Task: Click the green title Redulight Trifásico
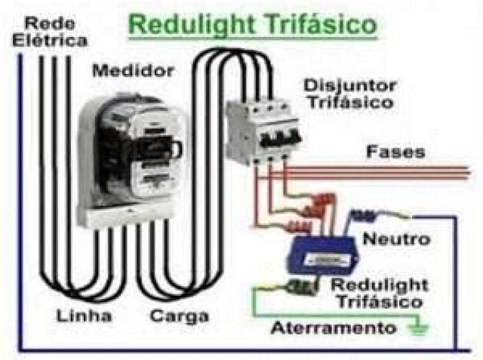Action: point(253,24)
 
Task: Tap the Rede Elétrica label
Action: point(49,30)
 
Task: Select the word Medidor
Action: point(133,71)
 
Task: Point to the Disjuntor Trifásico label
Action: point(348,92)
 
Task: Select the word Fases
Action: point(395,152)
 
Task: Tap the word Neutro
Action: point(396,239)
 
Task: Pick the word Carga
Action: point(178,315)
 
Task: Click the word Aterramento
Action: point(334,328)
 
